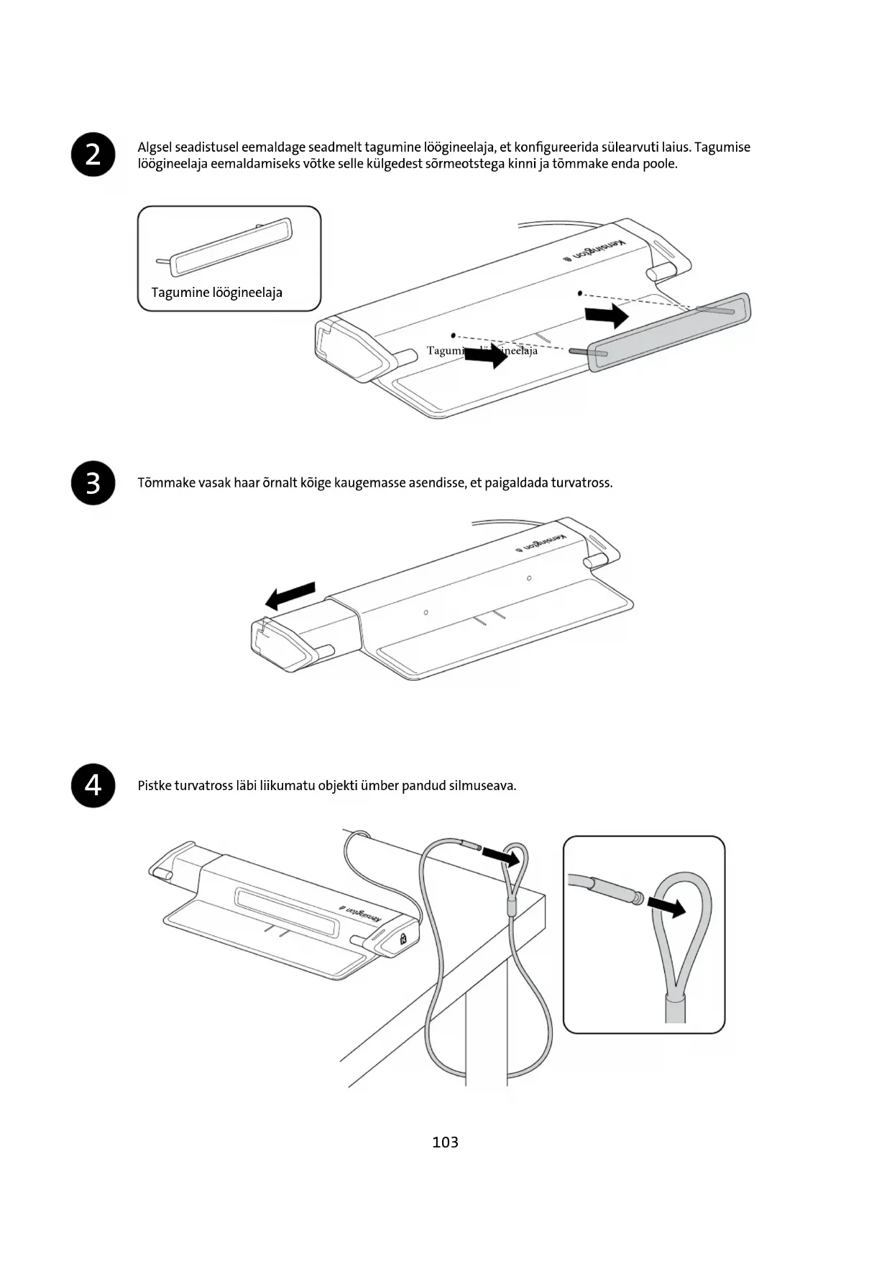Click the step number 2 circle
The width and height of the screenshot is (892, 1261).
(93, 155)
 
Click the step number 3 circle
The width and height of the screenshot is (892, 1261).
(93, 483)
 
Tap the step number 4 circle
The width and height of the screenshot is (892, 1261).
(93, 785)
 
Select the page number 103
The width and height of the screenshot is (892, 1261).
(445, 1142)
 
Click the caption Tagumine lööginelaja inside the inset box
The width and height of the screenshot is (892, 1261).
(216, 293)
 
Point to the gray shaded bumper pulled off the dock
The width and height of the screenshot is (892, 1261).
(668, 332)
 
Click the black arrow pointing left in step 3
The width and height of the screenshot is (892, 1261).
(290, 595)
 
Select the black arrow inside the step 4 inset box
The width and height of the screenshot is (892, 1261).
(666, 907)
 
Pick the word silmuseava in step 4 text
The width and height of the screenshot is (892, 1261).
(482, 786)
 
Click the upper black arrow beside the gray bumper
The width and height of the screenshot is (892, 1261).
(607, 315)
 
